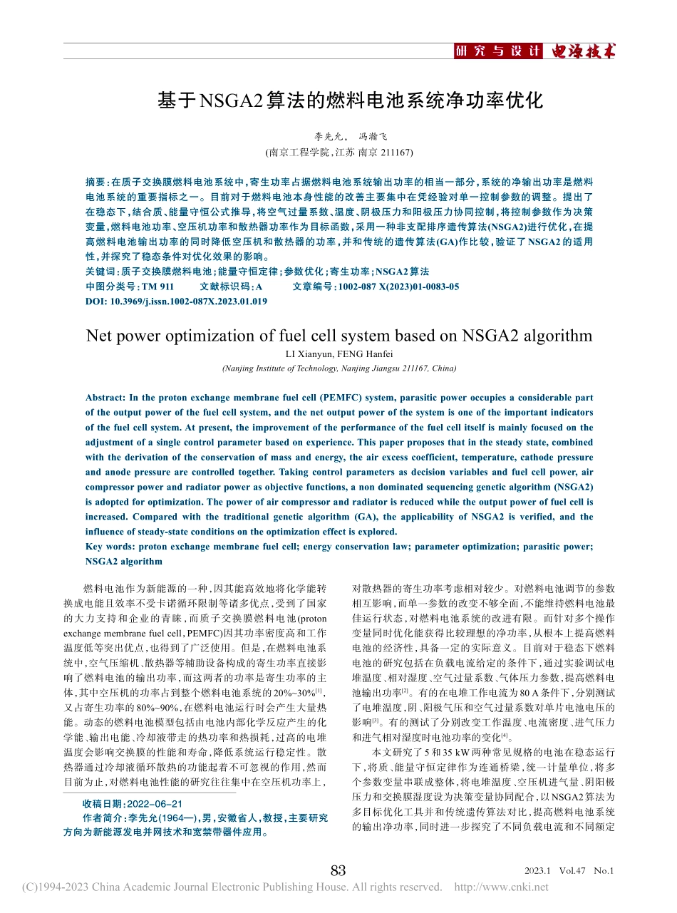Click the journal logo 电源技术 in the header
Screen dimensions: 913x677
pos(579,51)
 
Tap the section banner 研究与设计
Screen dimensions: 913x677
pos(497,51)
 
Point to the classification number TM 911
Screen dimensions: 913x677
pos(158,287)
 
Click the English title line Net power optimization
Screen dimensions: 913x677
pos(338,336)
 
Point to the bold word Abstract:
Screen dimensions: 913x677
pos(106,398)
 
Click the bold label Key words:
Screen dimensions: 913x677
pos(110,547)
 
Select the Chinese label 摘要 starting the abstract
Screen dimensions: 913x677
pos(95,182)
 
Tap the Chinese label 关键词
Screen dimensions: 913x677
pos(99,272)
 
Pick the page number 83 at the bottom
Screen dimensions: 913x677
pos(338,870)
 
